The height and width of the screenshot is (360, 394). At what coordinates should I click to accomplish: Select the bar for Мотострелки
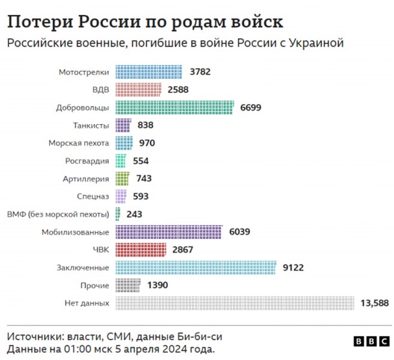point(149,72)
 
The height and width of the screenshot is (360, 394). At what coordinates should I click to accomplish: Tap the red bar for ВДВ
point(138,89)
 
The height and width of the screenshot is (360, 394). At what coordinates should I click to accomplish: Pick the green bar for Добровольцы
point(174,107)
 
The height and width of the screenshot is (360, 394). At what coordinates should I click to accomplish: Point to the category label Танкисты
point(92,125)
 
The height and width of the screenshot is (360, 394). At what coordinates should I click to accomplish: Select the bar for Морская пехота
point(124,143)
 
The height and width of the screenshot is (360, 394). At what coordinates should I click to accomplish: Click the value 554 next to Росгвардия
point(141,160)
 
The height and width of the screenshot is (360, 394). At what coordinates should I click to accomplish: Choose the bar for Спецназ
point(121,196)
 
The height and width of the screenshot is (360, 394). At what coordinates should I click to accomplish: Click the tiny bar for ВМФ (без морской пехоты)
point(118,213)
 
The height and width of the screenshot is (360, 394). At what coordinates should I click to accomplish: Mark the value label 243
point(134,213)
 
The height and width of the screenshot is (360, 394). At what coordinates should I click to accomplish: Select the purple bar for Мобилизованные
point(169,231)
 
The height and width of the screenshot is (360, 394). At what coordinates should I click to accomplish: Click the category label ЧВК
point(100,249)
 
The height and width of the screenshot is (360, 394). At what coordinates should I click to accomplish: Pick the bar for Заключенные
point(196,267)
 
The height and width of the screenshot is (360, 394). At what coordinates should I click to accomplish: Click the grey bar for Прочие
point(128,284)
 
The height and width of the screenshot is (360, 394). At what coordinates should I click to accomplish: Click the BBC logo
point(370,341)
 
